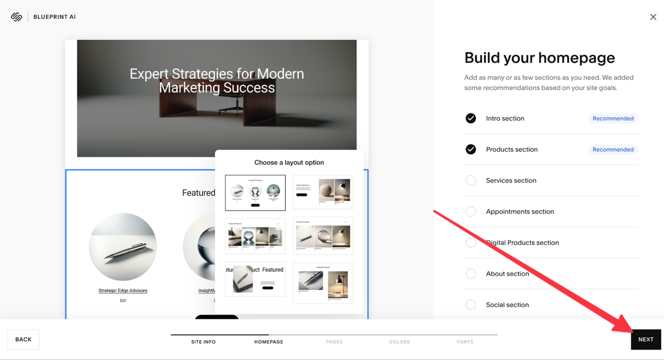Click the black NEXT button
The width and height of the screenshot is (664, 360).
(x=646, y=340)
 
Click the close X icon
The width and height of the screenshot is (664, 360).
(x=653, y=17)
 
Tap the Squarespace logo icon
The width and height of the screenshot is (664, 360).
(x=16, y=17)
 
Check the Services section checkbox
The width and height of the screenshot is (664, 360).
(x=471, y=180)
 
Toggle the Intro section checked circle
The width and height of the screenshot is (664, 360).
(x=471, y=118)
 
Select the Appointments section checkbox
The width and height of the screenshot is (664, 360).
(x=471, y=211)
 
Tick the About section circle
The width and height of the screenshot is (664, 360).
(x=471, y=274)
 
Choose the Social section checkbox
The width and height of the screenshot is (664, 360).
(x=471, y=305)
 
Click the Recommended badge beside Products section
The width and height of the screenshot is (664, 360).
(x=613, y=149)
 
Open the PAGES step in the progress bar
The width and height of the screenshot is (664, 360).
(x=334, y=342)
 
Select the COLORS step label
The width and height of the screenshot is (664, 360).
(x=400, y=342)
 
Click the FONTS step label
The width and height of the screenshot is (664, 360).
(x=465, y=342)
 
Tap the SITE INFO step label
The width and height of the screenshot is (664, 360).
(x=204, y=342)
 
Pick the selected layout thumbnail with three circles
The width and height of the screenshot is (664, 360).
(x=255, y=193)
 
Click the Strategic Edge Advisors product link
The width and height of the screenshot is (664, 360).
(x=123, y=290)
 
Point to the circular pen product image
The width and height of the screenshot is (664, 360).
(x=123, y=247)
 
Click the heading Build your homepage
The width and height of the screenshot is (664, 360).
(x=539, y=58)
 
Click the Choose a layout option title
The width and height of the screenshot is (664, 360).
(x=289, y=163)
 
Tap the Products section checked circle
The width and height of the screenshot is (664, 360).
(x=471, y=149)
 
